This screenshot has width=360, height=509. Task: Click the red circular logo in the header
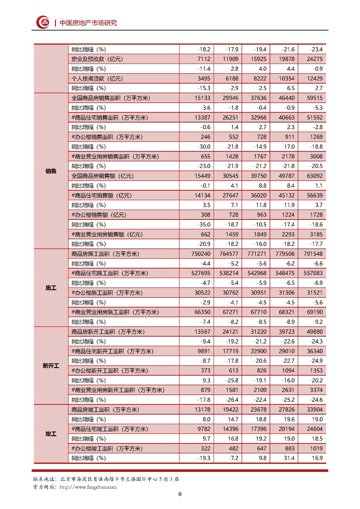click(43, 22)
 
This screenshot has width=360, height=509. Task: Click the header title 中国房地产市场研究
click(88, 23)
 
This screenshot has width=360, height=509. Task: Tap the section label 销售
click(51, 171)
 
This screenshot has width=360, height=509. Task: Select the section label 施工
click(51, 288)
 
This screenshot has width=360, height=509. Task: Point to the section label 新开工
click(51, 366)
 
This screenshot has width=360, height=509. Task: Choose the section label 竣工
click(51, 434)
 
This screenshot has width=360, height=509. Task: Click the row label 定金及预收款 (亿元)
click(97, 59)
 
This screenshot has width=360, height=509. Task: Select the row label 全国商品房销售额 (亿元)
click(102, 176)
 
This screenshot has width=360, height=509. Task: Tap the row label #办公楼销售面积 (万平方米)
click(107, 137)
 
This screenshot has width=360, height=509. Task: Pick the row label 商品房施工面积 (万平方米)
click(105, 254)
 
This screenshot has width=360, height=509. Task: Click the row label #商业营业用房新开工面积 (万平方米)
click(118, 390)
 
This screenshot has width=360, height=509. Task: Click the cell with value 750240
click(201, 254)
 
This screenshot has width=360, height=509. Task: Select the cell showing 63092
click(314, 176)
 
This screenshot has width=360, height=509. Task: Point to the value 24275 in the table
click(314, 59)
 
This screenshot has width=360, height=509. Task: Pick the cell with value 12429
click(314, 79)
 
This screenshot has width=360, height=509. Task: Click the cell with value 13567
click(202, 331)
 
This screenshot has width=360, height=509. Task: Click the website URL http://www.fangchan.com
click(88, 487)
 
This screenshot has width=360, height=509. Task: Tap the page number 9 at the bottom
click(180, 494)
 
